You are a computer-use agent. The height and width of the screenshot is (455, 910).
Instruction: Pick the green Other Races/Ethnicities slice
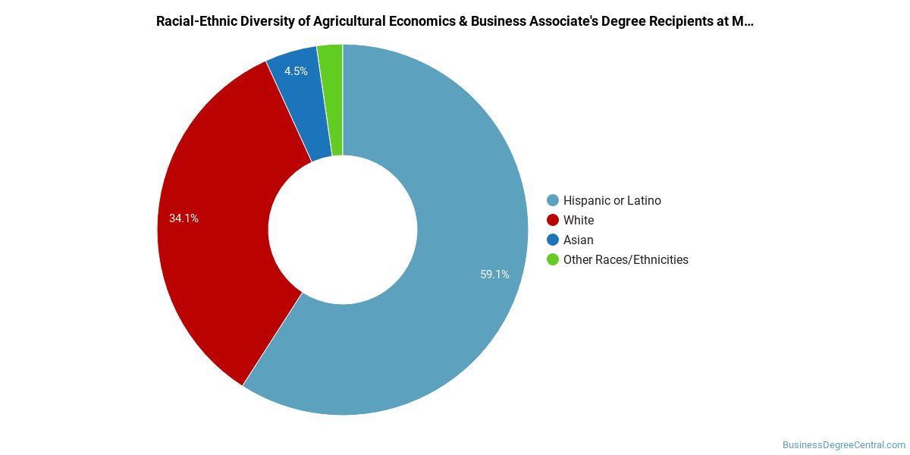331,99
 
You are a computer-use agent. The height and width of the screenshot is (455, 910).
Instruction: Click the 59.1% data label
494,275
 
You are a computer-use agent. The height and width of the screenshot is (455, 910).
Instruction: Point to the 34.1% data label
184,218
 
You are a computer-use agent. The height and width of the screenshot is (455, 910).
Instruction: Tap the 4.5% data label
296,71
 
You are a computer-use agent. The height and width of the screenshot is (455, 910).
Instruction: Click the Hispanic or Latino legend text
612,201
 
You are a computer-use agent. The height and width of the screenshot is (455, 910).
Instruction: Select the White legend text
579,221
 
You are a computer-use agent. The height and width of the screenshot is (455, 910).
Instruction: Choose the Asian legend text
579,240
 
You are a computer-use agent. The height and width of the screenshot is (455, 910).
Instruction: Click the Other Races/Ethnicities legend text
626,260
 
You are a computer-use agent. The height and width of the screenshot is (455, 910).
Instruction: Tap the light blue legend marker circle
553,201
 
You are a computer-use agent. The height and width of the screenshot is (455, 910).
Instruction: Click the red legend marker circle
553,221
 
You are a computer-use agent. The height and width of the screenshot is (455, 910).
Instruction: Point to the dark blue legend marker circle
553,240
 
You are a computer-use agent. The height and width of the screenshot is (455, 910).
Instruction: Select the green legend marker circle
553,260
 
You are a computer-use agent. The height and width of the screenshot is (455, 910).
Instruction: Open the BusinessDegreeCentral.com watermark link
843,445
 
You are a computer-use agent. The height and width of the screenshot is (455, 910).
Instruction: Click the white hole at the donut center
343,230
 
